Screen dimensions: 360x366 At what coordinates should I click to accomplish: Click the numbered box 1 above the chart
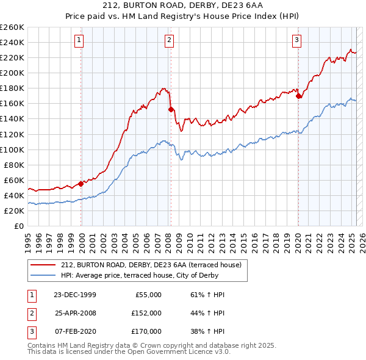pos(80,41)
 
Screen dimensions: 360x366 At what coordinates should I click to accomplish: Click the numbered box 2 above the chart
pos(168,41)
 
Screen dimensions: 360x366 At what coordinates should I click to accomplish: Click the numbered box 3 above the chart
pos(296,41)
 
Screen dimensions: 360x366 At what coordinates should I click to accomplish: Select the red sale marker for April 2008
pos(171,109)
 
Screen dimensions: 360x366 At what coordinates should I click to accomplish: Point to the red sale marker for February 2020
pos(298,96)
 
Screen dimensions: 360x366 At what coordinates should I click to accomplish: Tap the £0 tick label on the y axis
pos(18,226)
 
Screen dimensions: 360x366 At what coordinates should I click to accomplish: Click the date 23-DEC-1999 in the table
pos(75,295)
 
